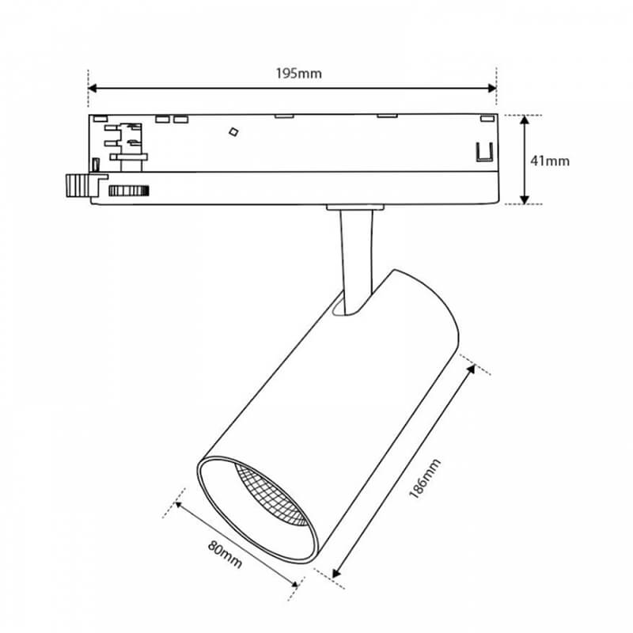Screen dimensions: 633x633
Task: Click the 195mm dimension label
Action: (299, 74)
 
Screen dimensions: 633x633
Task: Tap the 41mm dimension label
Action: (549, 161)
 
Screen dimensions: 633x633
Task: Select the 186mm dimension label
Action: (425, 479)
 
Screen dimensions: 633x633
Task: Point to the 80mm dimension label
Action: (225, 555)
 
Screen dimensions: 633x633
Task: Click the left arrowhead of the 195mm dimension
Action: (92, 88)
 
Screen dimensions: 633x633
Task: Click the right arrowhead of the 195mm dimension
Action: (492, 88)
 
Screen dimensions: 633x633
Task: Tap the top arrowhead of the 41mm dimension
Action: (525, 120)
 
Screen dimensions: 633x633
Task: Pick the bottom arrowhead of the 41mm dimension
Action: (525, 199)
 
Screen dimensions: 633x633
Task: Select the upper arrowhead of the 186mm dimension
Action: (471, 370)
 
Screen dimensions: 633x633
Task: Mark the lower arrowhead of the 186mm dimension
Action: (336, 573)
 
